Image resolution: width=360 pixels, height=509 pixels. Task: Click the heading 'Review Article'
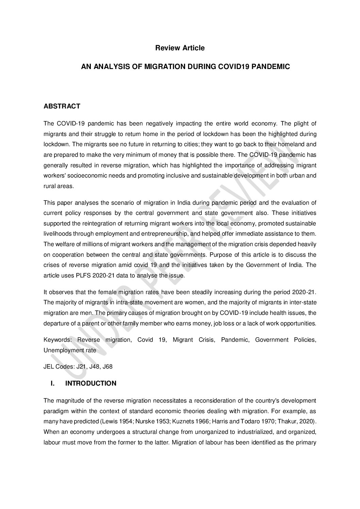click(x=180, y=48)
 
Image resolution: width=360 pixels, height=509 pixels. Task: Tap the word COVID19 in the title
click(x=232, y=67)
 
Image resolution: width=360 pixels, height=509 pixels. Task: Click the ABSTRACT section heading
click(x=62, y=106)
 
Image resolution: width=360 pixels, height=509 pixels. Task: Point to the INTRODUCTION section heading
click(x=91, y=384)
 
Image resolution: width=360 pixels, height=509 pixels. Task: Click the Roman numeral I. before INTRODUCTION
click(x=52, y=384)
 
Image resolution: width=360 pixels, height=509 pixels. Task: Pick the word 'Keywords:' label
click(x=57, y=340)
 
